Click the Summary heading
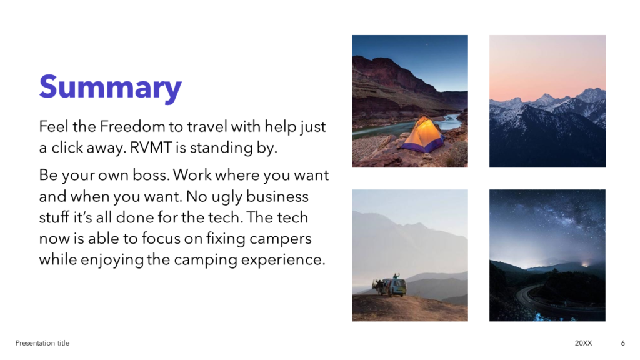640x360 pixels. [110, 87]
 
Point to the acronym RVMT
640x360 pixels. [151, 147]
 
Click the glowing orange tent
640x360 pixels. [423, 135]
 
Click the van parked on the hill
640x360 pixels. [392, 287]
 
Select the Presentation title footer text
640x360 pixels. [42, 343]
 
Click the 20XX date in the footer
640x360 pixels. [583, 343]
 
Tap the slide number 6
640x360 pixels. [623, 343]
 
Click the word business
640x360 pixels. [277, 196]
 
